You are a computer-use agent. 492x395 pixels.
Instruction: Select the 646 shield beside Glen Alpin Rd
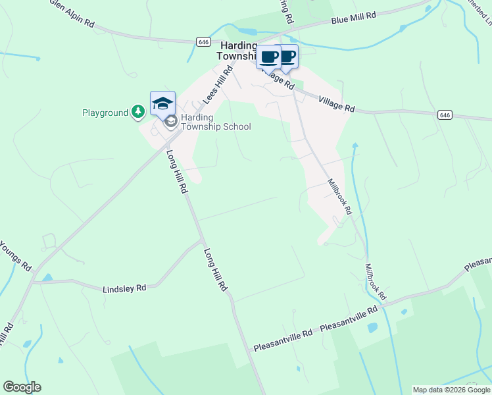(203, 41)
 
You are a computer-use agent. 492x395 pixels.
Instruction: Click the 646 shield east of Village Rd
(445, 115)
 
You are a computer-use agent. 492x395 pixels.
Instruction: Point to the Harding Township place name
(238, 51)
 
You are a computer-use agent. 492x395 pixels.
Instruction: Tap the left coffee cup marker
(268, 57)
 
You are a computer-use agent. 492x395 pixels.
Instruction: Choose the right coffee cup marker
(287, 56)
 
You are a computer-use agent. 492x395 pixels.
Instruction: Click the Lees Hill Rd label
(218, 85)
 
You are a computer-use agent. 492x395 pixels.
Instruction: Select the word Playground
(105, 113)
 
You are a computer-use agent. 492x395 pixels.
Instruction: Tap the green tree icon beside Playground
(137, 113)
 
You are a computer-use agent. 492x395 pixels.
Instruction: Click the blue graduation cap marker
(162, 103)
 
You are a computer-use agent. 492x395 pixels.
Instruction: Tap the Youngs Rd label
(14, 256)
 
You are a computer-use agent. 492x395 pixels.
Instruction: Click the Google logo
(22, 386)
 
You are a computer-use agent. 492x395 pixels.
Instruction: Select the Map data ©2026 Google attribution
(451, 390)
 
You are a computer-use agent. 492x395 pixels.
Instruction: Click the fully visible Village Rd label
(337, 103)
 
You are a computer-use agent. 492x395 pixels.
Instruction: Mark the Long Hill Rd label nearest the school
(177, 172)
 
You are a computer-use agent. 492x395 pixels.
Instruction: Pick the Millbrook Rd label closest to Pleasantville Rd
(376, 283)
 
